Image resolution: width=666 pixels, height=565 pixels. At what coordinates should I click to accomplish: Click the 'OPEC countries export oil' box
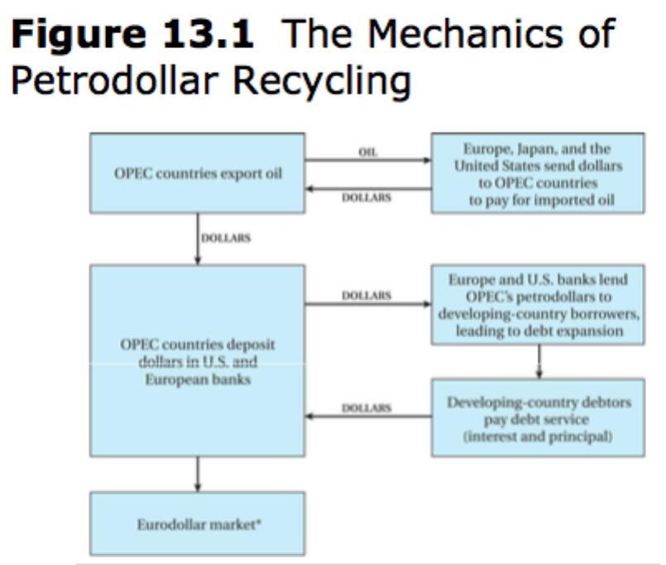click(198, 173)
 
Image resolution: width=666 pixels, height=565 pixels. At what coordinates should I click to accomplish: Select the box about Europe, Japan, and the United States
click(538, 173)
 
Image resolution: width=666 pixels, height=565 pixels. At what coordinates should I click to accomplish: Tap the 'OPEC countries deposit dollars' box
click(198, 360)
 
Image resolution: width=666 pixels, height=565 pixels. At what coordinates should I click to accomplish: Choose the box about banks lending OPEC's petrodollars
click(538, 305)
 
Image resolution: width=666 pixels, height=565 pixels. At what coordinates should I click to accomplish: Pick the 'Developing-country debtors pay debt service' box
click(538, 418)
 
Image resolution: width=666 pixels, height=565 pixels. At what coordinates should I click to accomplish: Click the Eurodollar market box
click(198, 524)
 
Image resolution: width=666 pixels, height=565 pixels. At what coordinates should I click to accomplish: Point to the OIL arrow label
click(368, 152)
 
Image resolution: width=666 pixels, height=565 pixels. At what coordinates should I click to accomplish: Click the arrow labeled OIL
click(368, 161)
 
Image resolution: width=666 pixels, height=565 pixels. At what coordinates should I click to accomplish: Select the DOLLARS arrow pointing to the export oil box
click(368, 189)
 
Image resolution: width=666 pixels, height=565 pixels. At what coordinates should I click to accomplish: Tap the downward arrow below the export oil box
click(198, 239)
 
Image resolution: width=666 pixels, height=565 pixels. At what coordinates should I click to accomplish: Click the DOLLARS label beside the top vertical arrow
click(226, 238)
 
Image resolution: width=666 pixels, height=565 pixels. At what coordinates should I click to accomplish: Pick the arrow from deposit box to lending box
click(368, 304)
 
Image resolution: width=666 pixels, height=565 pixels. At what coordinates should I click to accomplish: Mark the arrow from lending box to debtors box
click(539, 361)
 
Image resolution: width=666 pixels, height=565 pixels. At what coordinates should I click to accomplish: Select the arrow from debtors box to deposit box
click(368, 416)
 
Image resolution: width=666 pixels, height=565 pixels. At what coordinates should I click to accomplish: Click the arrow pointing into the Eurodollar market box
click(198, 475)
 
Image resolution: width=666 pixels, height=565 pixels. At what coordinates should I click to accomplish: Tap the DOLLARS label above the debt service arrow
click(367, 408)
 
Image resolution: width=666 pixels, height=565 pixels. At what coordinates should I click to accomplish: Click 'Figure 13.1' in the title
click(132, 33)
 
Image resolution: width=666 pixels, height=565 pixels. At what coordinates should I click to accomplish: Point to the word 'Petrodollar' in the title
click(115, 81)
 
